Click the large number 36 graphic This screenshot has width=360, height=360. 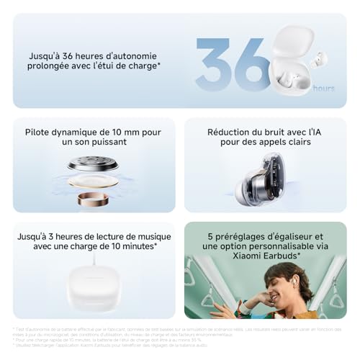coord(232,63)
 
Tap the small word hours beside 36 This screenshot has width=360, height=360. coord(323,88)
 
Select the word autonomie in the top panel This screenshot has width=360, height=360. coord(129,55)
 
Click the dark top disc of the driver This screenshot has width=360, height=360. coord(92,165)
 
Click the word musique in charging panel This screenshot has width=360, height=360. coord(148,235)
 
